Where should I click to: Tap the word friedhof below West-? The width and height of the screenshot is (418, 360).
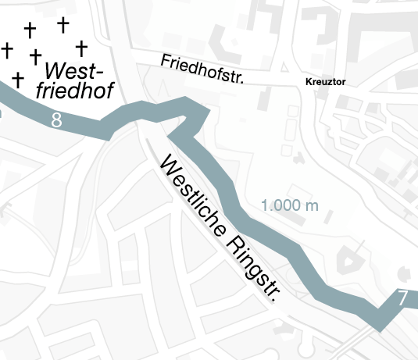click(74, 91)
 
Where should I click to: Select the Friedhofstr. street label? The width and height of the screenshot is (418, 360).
click(202, 70)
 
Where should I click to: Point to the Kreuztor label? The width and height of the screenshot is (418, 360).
click(324, 81)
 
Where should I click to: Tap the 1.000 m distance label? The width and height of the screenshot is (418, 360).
click(290, 206)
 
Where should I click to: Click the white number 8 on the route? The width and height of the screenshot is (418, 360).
click(55, 120)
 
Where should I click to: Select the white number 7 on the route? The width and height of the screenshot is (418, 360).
click(402, 298)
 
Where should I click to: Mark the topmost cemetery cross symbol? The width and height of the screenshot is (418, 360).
click(62, 24)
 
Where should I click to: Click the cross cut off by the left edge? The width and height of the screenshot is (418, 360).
click(6, 51)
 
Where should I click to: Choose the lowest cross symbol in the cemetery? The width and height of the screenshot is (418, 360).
click(18, 79)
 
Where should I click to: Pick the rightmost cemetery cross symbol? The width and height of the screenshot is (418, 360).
click(80, 48)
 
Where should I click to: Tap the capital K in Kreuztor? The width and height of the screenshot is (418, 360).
click(308, 81)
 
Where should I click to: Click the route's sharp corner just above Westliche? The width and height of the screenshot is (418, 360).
click(171, 135)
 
